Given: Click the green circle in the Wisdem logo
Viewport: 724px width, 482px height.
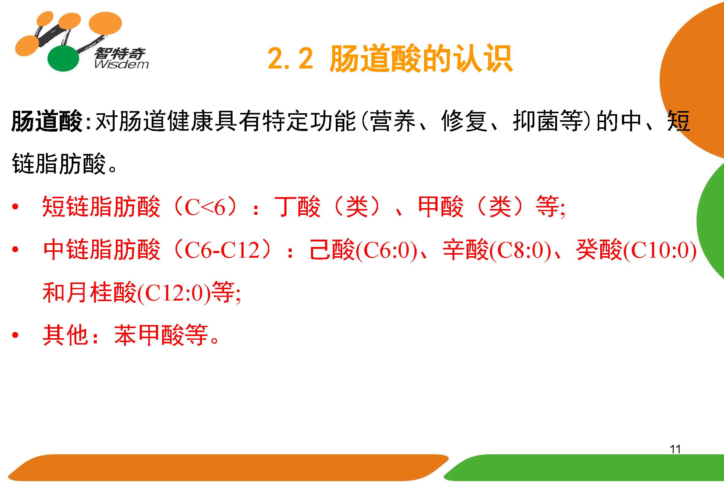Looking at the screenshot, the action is coord(63,59).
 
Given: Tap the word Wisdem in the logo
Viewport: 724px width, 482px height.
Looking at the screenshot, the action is coord(122,64).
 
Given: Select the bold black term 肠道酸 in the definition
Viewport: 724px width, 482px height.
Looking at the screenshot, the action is coord(47,121).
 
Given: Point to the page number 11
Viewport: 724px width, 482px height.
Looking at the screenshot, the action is coord(675,449).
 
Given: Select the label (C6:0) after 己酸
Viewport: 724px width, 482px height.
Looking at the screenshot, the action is coord(386,250).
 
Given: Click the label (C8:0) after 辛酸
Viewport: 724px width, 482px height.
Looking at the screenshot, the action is coord(520,250).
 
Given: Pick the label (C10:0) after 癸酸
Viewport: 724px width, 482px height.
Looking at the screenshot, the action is coord(659,250).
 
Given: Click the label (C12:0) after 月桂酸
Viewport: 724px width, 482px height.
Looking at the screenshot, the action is coord(174,293).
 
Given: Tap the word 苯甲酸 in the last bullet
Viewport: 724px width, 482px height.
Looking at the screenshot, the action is coord(149,335).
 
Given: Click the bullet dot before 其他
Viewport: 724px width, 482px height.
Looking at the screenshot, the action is coord(15,335).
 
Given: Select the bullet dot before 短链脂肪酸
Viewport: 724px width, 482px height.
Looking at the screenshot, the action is coord(15,207).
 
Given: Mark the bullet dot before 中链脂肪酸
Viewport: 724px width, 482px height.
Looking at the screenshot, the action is coord(15,249).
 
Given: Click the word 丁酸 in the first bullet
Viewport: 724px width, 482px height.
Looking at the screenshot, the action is coord(298,206).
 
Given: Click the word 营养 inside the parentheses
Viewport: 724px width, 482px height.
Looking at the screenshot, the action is coord(393,121).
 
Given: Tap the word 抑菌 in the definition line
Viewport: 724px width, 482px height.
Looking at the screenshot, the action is coord(536,121).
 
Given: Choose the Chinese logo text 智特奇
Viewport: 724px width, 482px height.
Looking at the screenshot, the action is coord(120,53).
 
